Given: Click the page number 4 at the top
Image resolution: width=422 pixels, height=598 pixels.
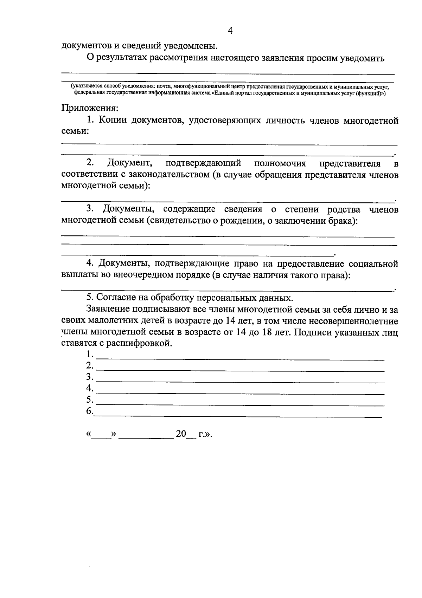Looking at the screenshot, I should [230, 31].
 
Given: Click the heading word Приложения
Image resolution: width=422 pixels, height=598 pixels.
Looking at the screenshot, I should [90, 108].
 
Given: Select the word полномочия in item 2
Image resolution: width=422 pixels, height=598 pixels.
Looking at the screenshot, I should [280, 163].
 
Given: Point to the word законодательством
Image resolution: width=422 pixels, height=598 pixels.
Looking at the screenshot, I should [167, 175].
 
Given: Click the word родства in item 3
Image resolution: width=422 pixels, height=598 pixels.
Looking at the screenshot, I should [344, 209].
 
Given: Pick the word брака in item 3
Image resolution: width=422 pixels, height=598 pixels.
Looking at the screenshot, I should [340, 221].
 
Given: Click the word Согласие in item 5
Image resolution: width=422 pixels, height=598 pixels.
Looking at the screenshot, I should [113, 298].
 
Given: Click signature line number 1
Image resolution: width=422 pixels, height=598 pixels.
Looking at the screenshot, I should [240, 358].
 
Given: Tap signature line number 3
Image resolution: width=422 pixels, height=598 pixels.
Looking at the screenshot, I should [240, 381].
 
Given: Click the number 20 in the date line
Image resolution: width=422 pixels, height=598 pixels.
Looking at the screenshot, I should [181, 434].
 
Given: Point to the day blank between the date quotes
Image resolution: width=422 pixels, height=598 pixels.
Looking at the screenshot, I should [101, 436].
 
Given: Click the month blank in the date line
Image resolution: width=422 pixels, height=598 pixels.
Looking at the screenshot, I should [146, 436].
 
